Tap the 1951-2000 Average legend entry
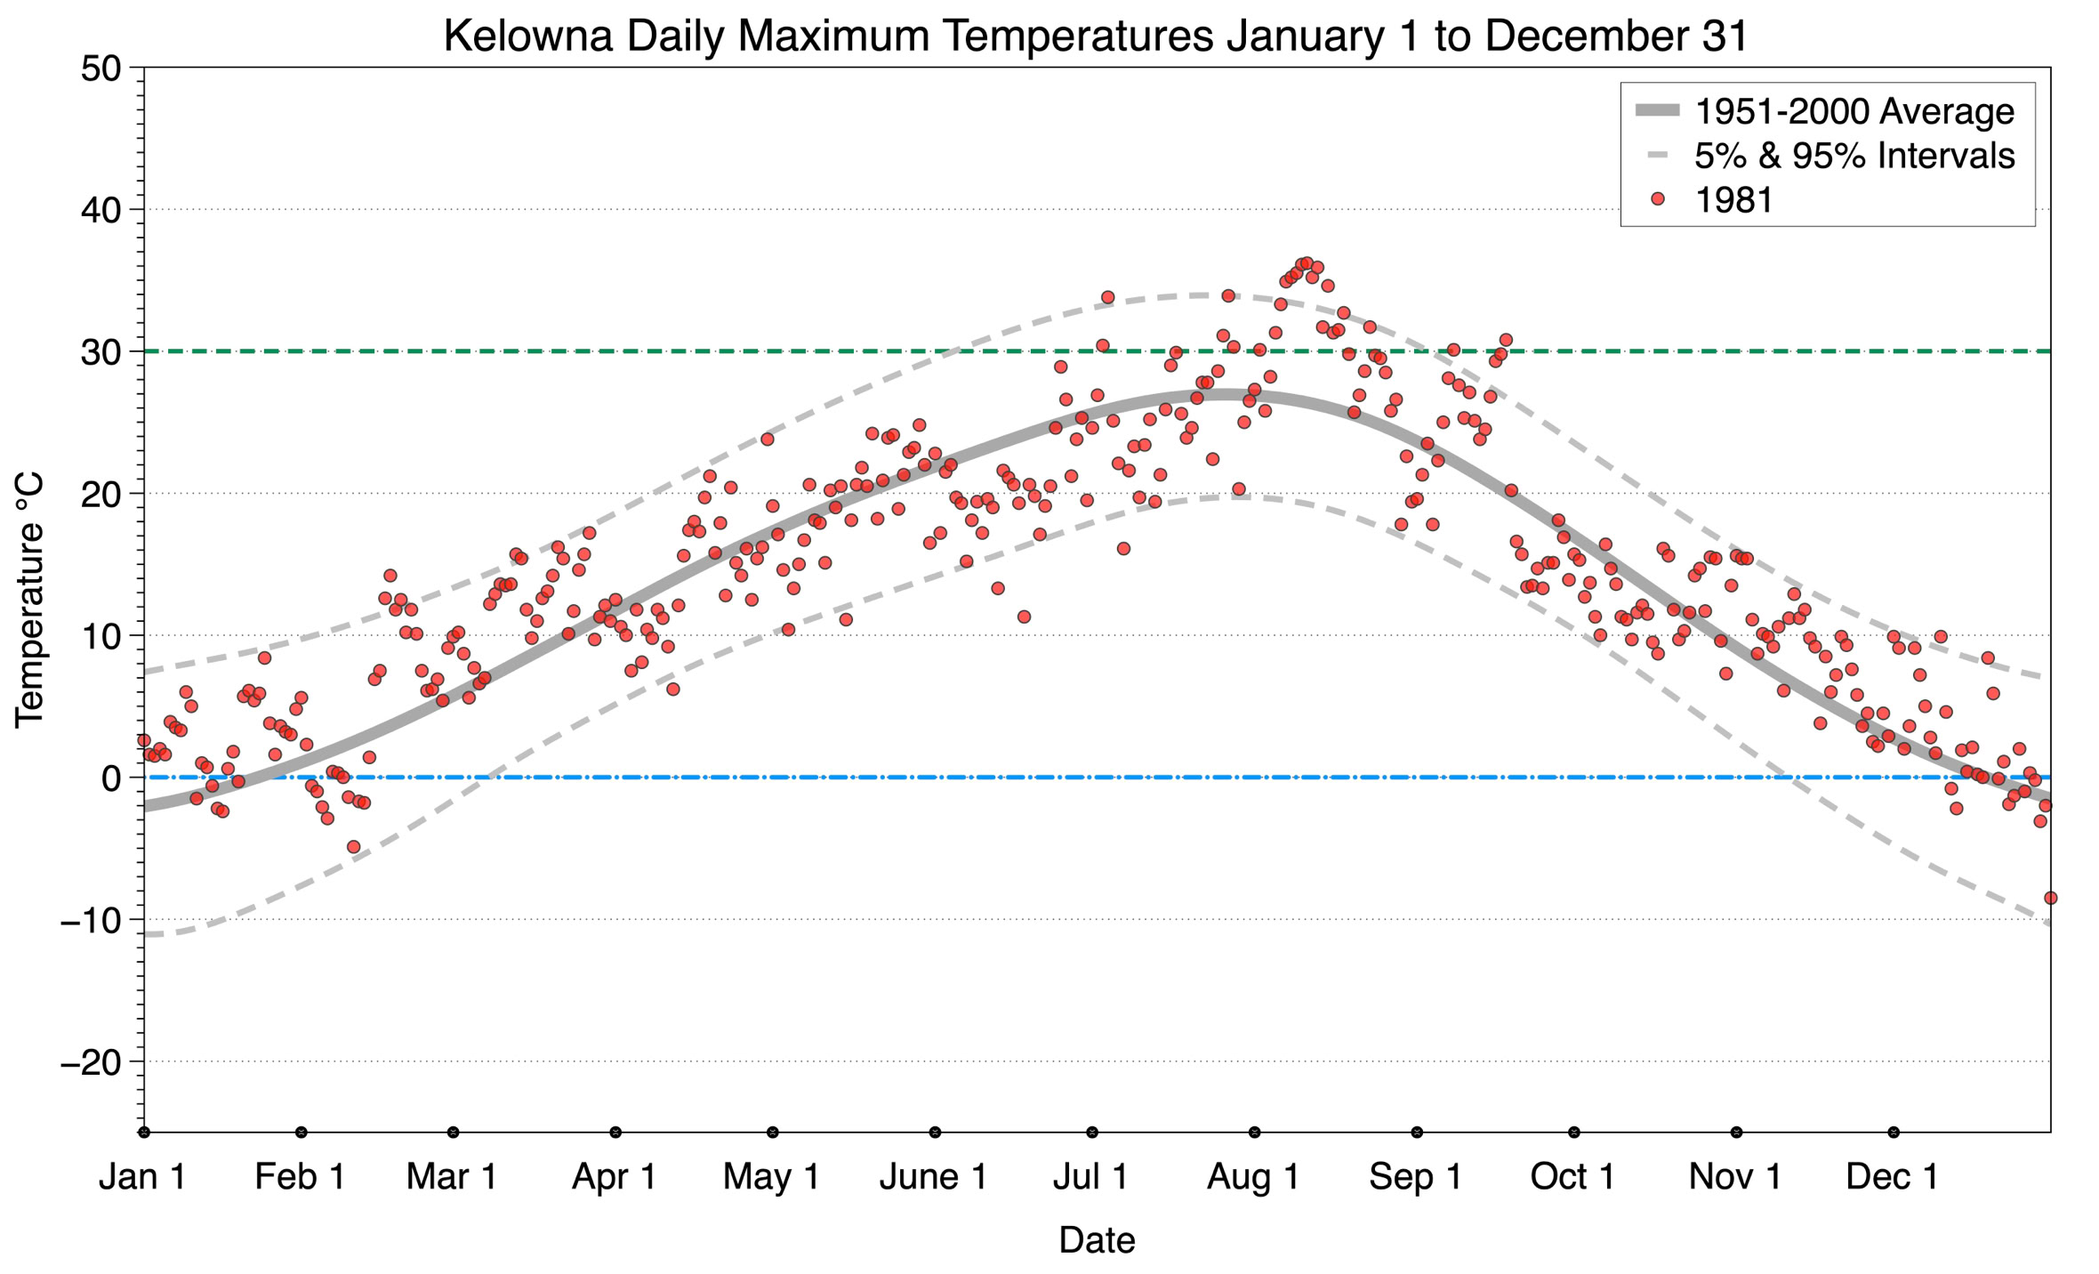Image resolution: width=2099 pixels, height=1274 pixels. click(1854, 111)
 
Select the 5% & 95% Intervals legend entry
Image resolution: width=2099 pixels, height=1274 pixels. click(1854, 156)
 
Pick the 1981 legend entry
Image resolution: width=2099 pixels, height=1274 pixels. click(1733, 200)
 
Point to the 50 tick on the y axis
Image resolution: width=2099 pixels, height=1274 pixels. click(101, 69)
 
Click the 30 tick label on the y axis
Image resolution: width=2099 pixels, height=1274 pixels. click(101, 352)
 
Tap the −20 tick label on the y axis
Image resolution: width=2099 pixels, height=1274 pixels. click(90, 1062)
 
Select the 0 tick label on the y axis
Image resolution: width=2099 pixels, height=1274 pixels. click(111, 778)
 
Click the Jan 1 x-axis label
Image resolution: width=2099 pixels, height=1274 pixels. click(143, 1176)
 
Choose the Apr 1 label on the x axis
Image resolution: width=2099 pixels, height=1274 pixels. click(615, 1176)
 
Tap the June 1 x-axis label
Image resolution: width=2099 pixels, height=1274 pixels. click(934, 1176)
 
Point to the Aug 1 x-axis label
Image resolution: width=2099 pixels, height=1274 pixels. click(1253, 1176)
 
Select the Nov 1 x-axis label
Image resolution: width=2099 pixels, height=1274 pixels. click(1735, 1176)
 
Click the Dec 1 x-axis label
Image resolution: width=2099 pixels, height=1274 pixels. click(1893, 1176)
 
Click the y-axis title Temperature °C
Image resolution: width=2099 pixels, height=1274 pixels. click(29, 601)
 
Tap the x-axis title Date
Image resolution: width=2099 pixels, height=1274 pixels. click(1097, 1240)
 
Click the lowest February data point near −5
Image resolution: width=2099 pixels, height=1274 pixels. click(354, 846)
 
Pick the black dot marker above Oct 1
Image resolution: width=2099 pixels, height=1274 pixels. click(1574, 1133)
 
